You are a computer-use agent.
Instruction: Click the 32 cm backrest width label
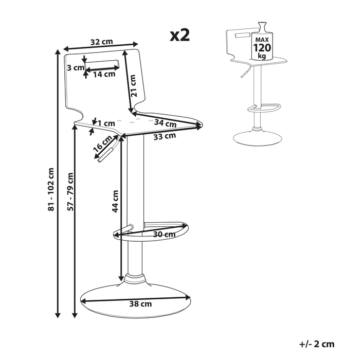coord(101,41)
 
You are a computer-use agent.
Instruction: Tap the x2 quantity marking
coord(180,35)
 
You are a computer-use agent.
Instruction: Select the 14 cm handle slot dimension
coord(104,74)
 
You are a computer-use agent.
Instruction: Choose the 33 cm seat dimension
coord(165,136)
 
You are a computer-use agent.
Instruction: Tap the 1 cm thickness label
coord(106,123)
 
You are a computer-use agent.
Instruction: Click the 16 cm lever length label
coord(103,144)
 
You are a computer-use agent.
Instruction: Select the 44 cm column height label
coord(116,201)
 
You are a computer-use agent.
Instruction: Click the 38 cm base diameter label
coord(140,304)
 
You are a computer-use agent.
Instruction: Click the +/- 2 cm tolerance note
coord(317,344)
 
